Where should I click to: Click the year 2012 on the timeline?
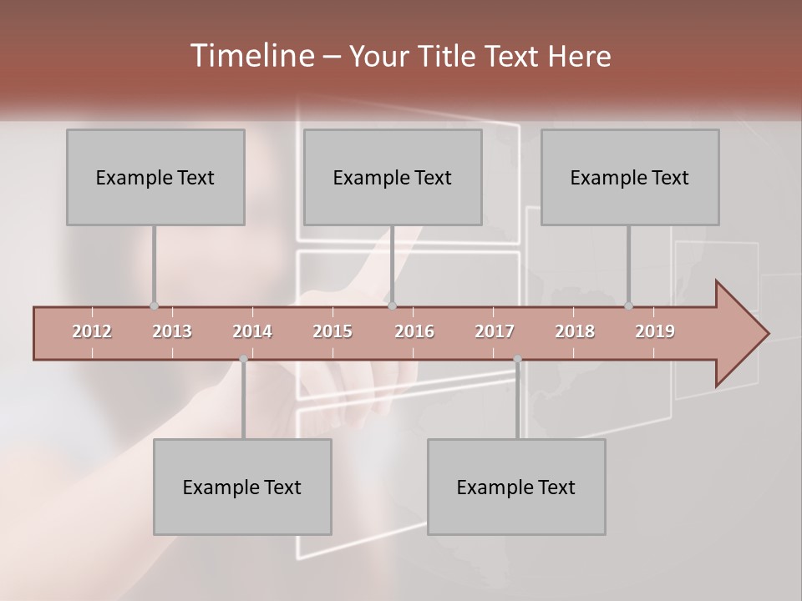92,331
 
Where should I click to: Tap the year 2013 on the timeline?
172,331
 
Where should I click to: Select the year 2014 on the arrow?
252,331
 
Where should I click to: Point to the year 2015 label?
332,331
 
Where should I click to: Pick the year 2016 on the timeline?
414,331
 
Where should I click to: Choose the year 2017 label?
495,331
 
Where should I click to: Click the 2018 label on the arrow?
575,331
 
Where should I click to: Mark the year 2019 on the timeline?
655,331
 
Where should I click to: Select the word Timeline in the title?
251,56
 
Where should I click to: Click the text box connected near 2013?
155,178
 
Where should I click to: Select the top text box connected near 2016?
393,178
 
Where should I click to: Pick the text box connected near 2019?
630,178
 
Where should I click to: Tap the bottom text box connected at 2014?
242,487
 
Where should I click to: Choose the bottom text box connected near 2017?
516,487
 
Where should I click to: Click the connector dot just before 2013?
154,306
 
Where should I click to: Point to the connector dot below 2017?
517,360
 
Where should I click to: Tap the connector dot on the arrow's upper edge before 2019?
628,306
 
